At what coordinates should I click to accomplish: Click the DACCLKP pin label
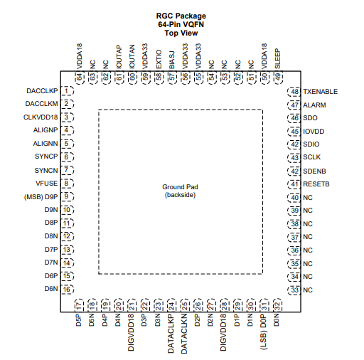(42, 91)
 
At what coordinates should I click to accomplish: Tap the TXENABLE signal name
(321, 92)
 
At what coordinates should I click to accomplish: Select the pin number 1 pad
(68, 91)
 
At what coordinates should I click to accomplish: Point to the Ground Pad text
(180, 187)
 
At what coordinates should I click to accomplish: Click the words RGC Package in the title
(181, 16)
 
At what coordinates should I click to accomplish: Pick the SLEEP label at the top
(277, 58)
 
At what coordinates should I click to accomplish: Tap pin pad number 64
(80, 77)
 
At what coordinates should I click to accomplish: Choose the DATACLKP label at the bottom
(171, 334)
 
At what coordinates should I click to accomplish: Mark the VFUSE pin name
(46, 184)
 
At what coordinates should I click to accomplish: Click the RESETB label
(316, 184)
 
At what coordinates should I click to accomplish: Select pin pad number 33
(294, 290)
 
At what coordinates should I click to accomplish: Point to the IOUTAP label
(119, 57)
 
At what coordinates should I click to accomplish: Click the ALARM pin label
(314, 105)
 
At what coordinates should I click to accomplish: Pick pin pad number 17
(79, 305)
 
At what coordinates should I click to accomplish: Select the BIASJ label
(172, 60)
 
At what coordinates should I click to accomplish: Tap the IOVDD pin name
(314, 132)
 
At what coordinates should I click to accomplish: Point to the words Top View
(181, 33)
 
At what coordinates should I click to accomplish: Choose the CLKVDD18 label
(41, 117)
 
